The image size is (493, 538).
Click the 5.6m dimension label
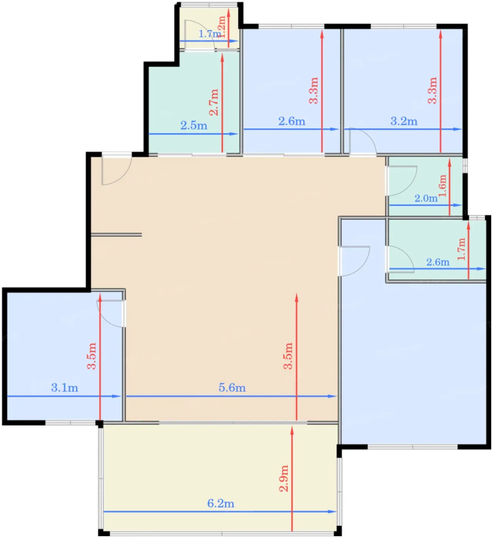point(232,388)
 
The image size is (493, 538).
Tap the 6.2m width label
point(221,503)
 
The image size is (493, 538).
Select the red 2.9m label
point(284,478)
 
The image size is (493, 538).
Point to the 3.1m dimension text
point(65,388)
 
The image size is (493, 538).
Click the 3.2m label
point(404,121)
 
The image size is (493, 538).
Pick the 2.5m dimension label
point(194,126)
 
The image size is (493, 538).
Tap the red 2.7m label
point(214,102)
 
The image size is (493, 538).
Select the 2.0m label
point(426,198)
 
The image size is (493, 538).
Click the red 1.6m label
point(442,186)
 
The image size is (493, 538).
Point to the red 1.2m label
point(221,27)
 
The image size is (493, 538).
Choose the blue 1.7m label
point(210,34)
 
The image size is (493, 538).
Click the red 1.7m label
point(461,249)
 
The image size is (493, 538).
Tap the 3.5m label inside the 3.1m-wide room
point(92,356)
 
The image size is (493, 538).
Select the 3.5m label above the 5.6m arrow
point(288,356)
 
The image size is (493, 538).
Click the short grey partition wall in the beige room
point(116,235)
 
